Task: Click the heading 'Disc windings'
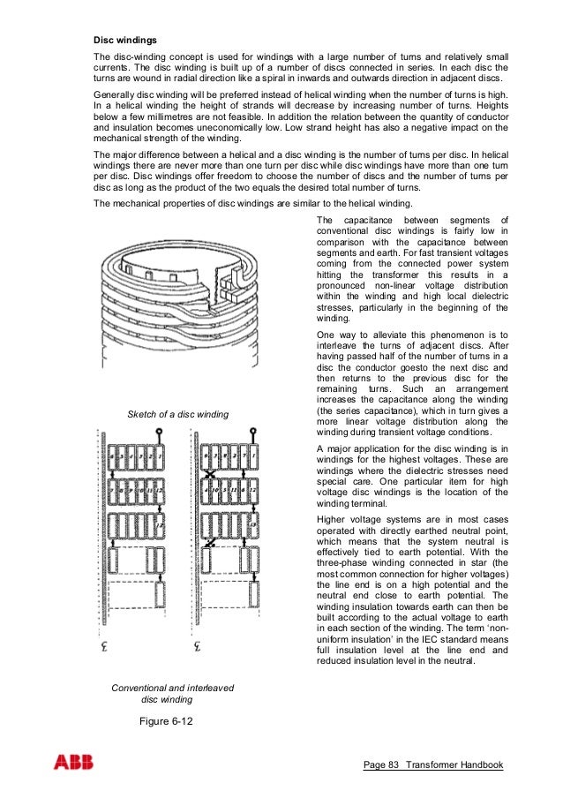coord(125,41)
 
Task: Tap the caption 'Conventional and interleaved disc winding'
coord(172,694)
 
